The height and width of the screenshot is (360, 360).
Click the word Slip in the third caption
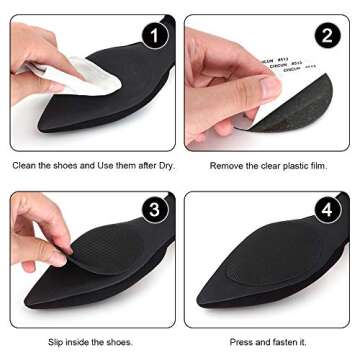point(55,341)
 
